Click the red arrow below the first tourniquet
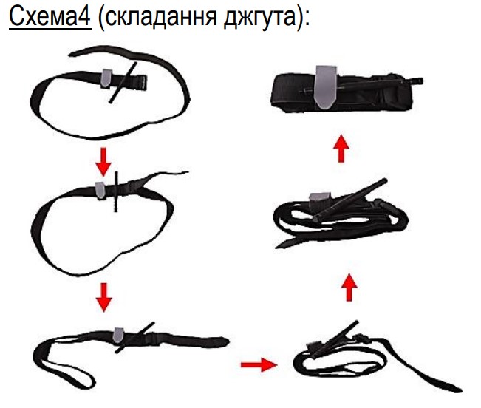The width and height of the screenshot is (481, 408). coord(103,162)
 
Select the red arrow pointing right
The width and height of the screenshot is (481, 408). coord(259,364)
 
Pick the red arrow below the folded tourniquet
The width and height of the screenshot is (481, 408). coord(341,148)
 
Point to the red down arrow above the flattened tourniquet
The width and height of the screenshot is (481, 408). coord(103,297)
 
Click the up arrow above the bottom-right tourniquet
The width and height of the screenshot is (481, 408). coord(349,288)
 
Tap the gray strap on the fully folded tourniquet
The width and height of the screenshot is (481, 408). coord(327,87)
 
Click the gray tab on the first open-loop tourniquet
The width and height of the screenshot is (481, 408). coord(106,78)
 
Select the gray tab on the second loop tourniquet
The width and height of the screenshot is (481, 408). coord(100,190)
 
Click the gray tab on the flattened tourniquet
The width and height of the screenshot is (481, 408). coord(117,335)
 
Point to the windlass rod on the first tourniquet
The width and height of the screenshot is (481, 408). coord(123,83)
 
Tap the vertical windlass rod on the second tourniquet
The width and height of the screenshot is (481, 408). coord(116,191)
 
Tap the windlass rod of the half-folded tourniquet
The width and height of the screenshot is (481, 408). coord(349,200)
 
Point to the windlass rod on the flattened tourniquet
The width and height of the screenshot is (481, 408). coord(135,337)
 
